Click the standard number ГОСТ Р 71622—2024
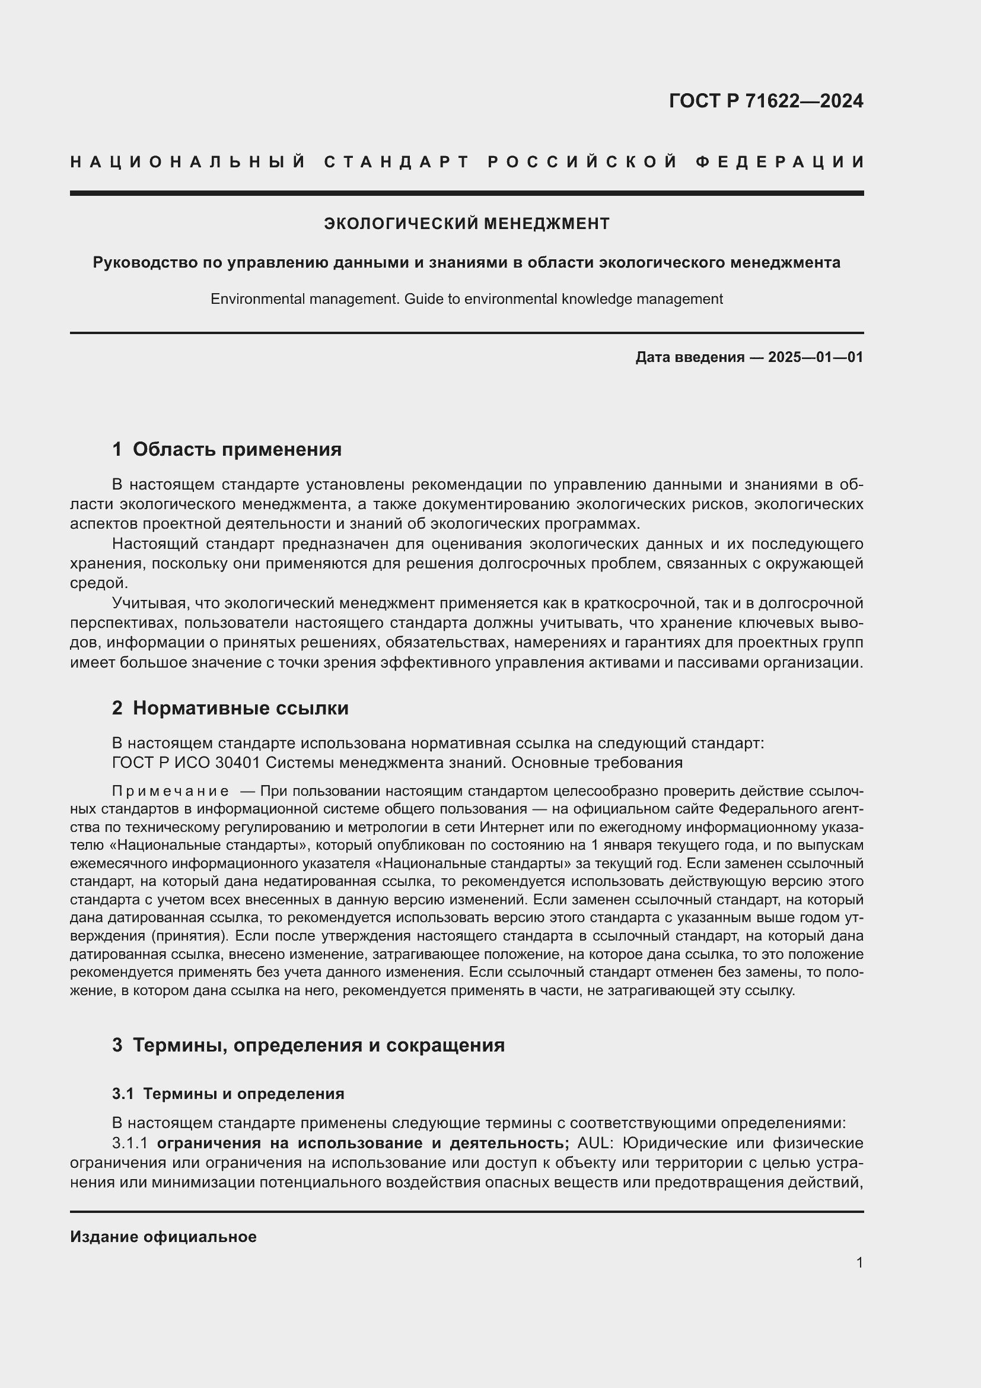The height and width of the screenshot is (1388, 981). [765, 101]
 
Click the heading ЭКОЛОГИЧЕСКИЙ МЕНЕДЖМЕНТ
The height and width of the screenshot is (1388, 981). [466, 224]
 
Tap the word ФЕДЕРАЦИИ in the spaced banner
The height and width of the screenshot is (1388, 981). [779, 162]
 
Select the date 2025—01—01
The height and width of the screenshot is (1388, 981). [816, 357]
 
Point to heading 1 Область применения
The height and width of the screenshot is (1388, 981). [227, 449]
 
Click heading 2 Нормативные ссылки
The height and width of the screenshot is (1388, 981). [230, 708]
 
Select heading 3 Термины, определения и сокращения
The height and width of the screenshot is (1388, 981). [308, 1044]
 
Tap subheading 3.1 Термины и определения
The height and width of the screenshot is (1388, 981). [228, 1094]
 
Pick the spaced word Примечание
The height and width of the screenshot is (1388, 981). [170, 792]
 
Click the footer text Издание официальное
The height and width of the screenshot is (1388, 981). [163, 1237]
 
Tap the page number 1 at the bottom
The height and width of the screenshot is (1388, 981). [859, 1262]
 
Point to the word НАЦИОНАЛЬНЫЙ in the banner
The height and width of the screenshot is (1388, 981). [188, 162]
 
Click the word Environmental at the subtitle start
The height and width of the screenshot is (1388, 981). [258, 299]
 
